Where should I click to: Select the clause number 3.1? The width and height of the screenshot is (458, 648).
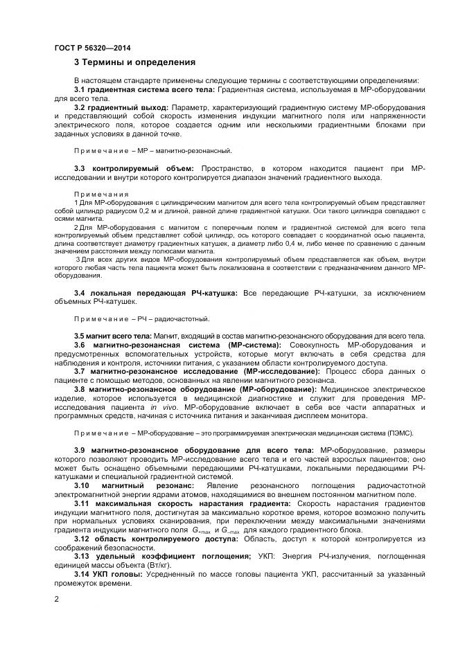coord(80,91)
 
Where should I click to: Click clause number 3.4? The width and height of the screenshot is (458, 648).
coord(80,294)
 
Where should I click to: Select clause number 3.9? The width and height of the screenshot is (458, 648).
coord(80,451)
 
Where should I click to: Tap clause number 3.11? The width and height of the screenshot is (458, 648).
coord(82,503)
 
